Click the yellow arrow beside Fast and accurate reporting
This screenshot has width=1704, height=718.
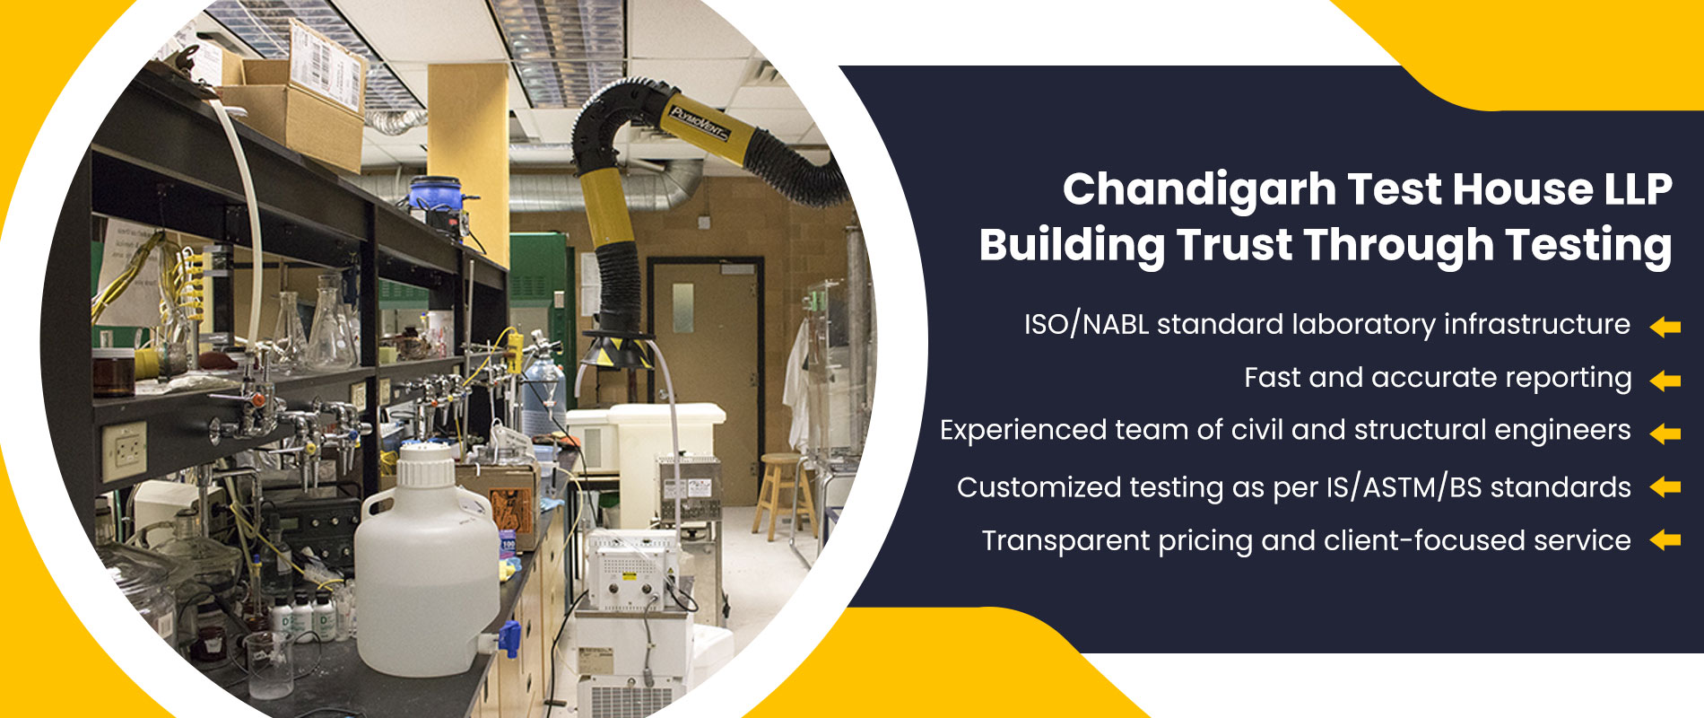point(1665,381)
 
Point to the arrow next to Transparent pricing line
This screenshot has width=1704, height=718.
point(1665,540)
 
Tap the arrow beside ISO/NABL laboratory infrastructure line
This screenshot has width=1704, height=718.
point(1665,328)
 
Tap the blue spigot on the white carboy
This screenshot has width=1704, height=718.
point(509,638)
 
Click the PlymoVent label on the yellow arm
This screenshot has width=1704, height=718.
point(699,125)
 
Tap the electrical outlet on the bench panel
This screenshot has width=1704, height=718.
point(124,451)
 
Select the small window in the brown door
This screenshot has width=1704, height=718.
point(682,296)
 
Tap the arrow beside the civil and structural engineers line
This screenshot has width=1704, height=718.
point(1665,433)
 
